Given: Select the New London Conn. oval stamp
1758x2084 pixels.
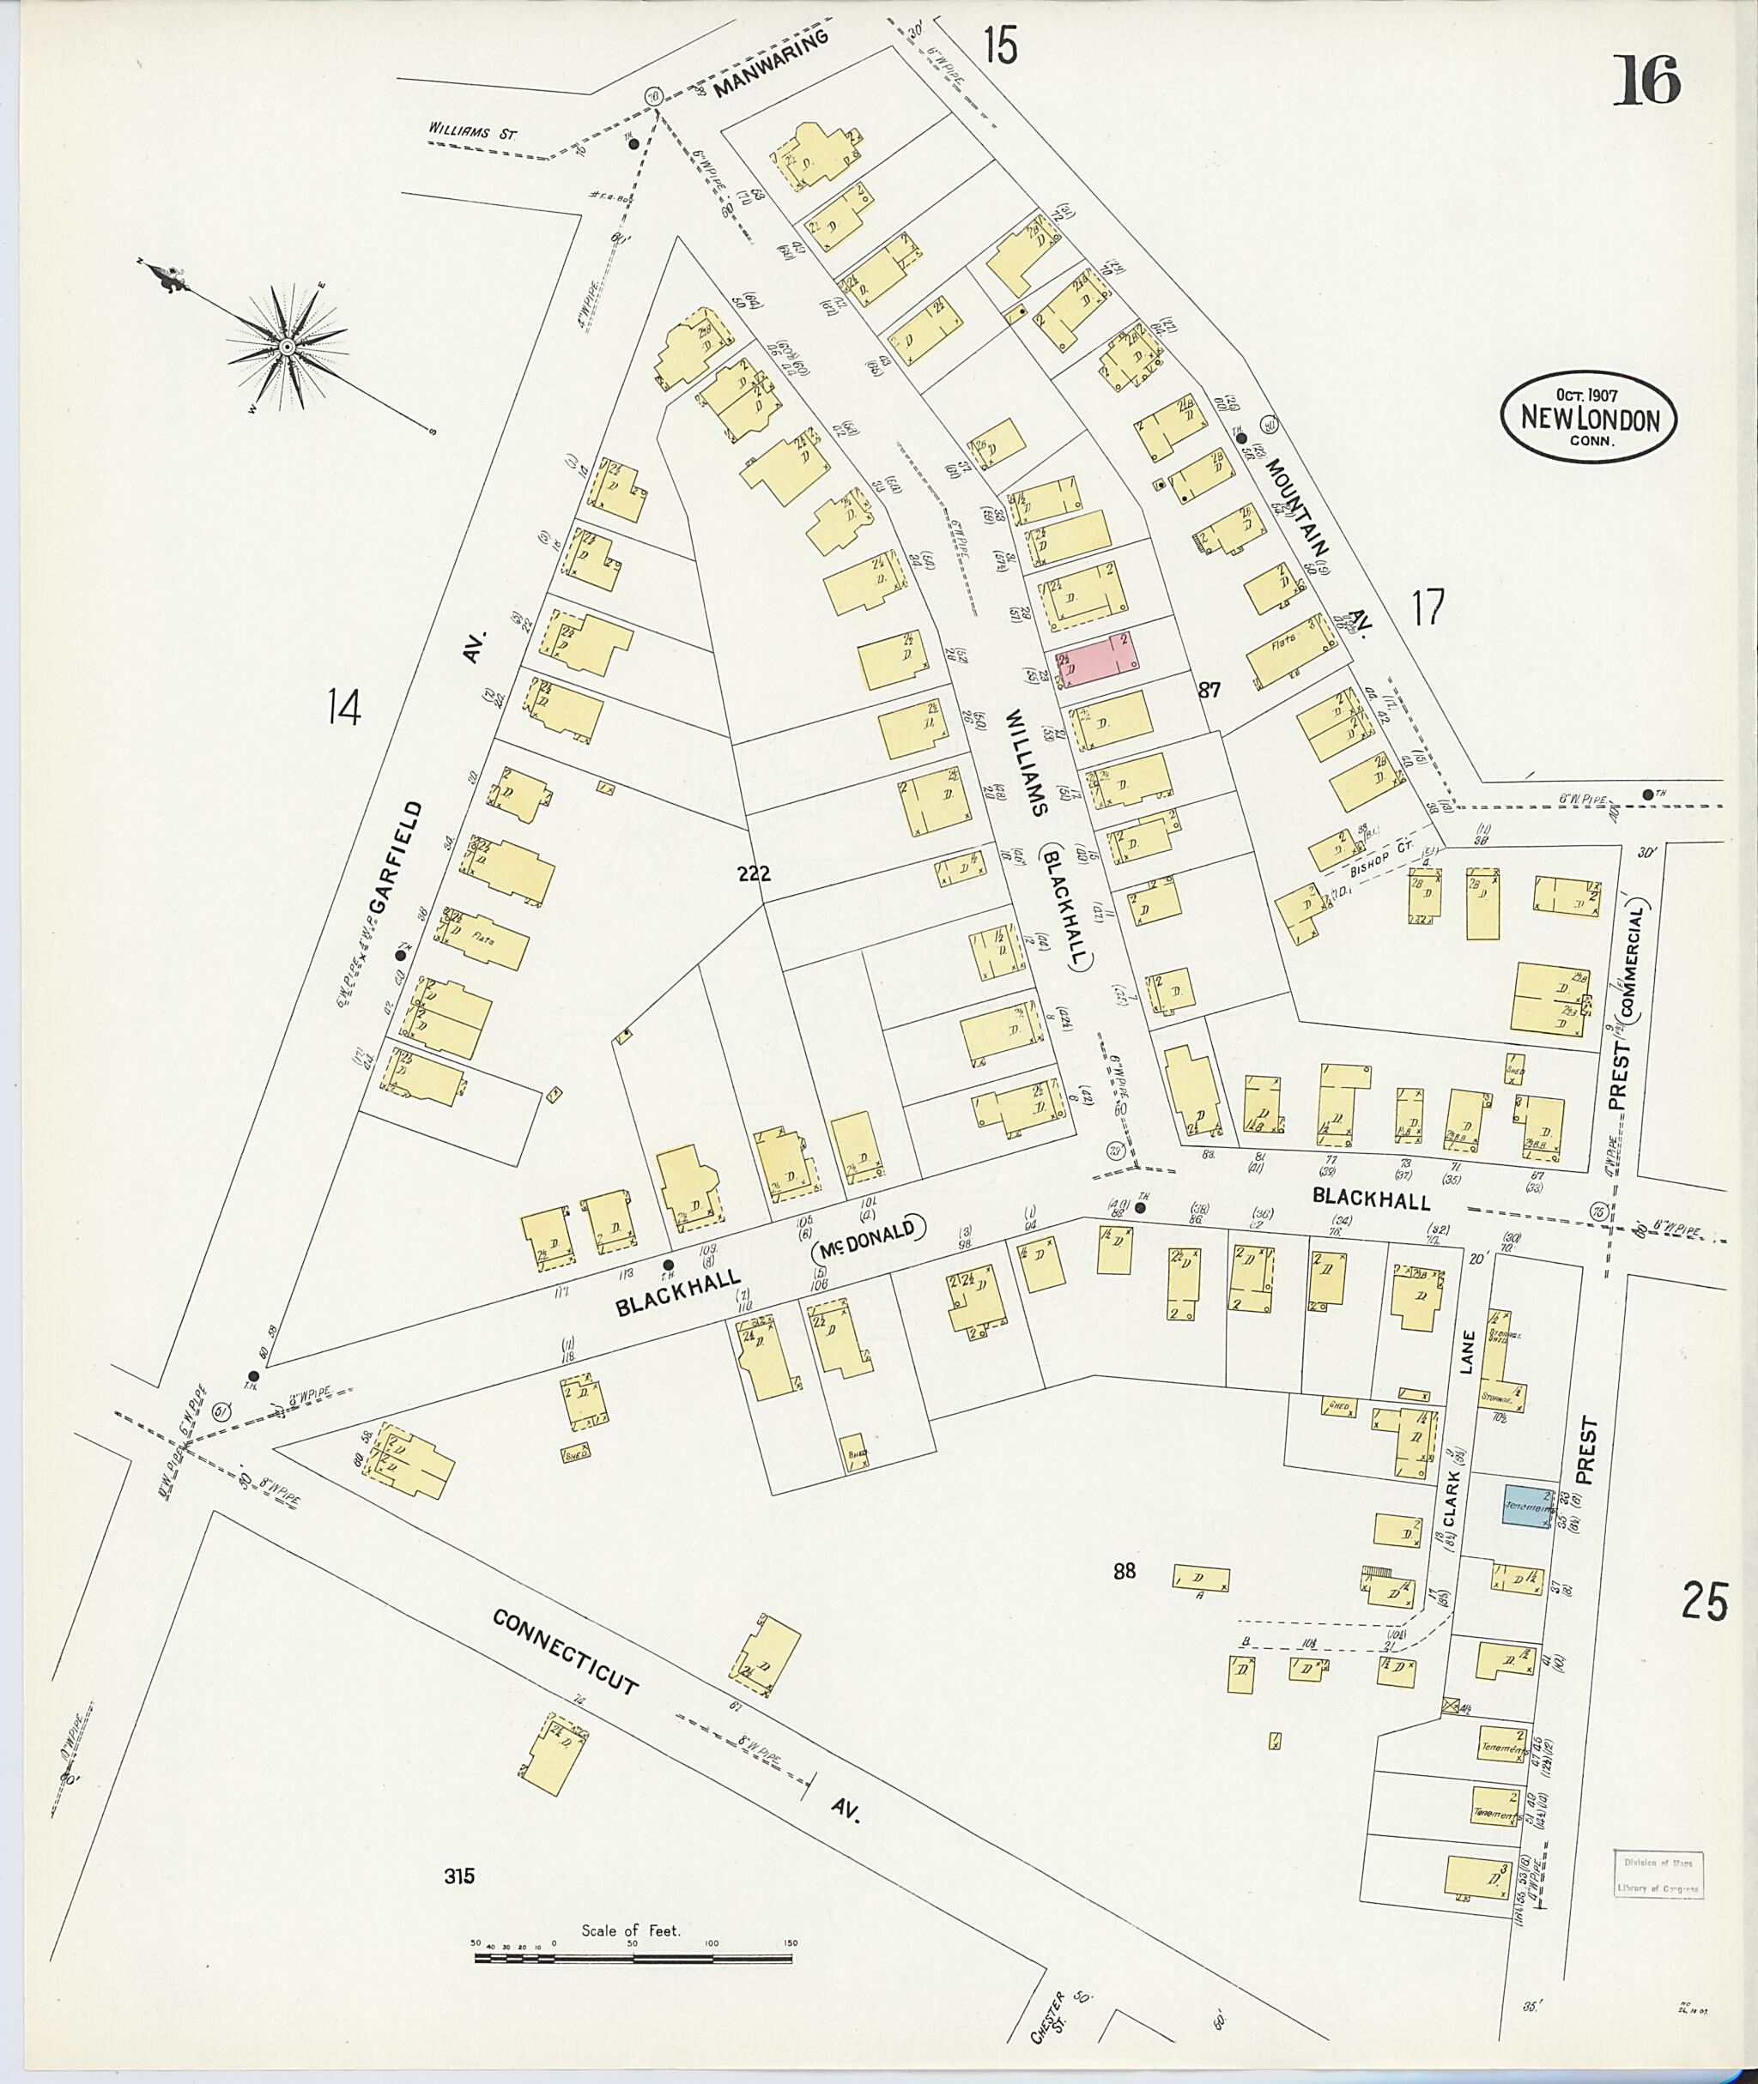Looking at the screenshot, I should (x=1589, y=416).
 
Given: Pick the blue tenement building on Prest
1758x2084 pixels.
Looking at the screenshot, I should (x=1528, y=1507).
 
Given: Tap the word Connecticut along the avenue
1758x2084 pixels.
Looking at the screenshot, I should (x=564, y=1651).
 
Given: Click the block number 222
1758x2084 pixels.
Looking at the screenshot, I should (x=754, y=873).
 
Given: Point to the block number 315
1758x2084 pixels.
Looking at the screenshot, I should (x=460, y=1876).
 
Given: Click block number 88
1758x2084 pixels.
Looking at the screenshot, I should (x=1125, y=1572).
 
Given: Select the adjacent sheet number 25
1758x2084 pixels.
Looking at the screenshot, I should (x=1705, y=1602).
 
